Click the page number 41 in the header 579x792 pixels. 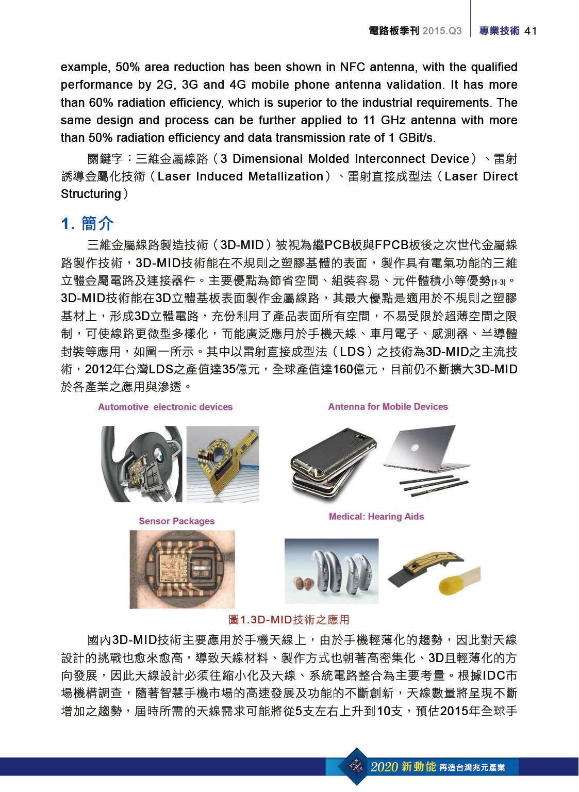531,31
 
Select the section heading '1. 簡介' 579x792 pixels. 87,224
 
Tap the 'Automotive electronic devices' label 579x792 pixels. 165,407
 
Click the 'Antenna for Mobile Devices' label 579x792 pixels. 388,406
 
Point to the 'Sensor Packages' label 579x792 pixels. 176,521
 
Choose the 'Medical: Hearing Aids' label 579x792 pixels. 376,516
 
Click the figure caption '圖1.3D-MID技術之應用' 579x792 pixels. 289,619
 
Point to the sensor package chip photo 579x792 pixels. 182,569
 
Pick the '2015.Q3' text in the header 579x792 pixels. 442,31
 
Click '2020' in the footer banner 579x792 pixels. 384,767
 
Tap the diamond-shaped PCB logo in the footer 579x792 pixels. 356,766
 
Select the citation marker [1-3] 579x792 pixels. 498,283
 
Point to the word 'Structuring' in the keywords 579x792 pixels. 91,194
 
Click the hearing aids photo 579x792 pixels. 331,571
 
